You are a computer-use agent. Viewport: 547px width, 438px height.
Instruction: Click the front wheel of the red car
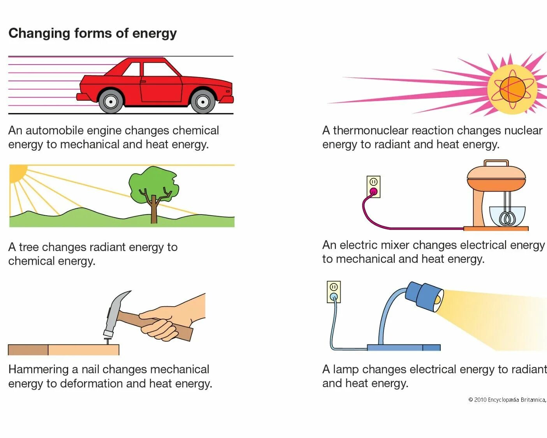coord(202,102)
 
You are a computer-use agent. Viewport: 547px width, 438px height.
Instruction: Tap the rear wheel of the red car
coord(111,102)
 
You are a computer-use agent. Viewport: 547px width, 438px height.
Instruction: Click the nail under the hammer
coord(107,341)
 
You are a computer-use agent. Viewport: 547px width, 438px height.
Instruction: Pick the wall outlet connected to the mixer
coord(373,186)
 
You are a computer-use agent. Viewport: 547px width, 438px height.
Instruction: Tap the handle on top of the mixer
coord(496,163)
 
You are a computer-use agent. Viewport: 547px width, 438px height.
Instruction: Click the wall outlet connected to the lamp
coord(334,292)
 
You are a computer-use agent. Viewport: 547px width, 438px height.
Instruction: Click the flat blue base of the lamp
coord(403,347)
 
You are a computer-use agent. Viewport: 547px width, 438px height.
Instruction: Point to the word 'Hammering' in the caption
coord(38,369)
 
